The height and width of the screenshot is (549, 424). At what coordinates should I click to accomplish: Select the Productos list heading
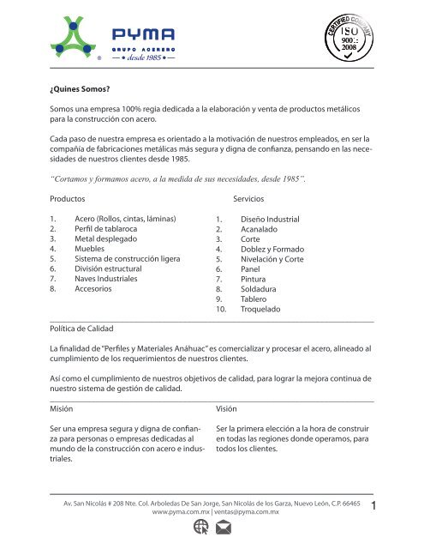[x=71, y=197]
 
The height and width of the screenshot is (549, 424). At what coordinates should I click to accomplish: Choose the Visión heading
[x=229, y=409]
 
